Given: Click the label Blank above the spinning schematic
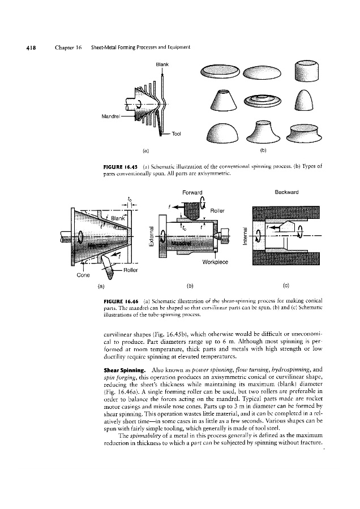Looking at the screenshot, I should point(162,64).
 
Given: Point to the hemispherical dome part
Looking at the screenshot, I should point(221,132).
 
